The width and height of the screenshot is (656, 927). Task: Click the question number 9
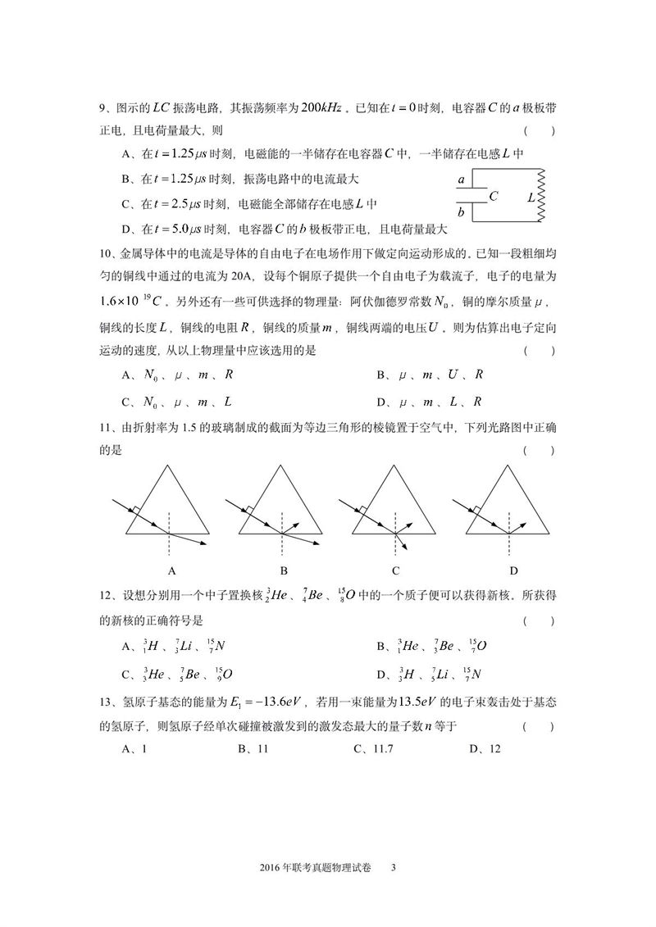[x=103, y=108]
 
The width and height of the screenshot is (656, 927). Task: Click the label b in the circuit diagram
[x=462, y=212]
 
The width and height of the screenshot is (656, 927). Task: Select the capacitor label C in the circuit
[x=493, y=197]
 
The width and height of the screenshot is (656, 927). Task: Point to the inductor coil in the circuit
[x=540, y=196]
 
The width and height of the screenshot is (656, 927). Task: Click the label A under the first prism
[x=170, y=570]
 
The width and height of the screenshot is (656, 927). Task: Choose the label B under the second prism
[x=283, y=570]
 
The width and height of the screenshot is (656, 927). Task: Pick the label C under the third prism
[x=396, y=570]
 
